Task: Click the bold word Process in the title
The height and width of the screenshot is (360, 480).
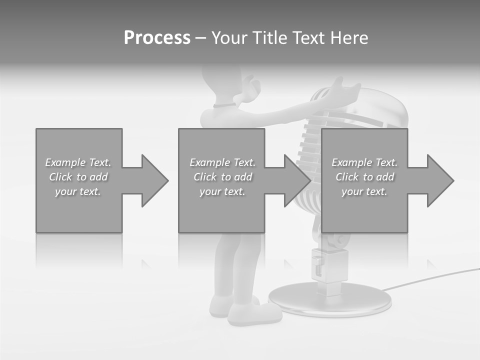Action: click(157, 38)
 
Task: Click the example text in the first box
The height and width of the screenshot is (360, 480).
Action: click(78, 177)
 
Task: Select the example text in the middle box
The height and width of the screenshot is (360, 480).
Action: click(222, 177)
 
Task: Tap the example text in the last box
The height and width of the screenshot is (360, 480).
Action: click(364, 177)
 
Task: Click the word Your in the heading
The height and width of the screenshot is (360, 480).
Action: click(230, 38)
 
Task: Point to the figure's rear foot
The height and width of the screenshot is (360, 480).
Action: click(220, 305)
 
